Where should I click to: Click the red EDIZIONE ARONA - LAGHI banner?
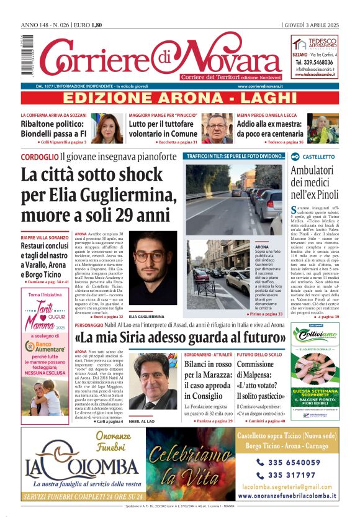(180, 98)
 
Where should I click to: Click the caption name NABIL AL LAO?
(144, 422)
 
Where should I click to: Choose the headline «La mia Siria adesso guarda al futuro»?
(179, 338)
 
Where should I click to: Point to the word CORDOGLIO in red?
(40, 157)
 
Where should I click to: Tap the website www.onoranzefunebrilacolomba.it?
(287, 496)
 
